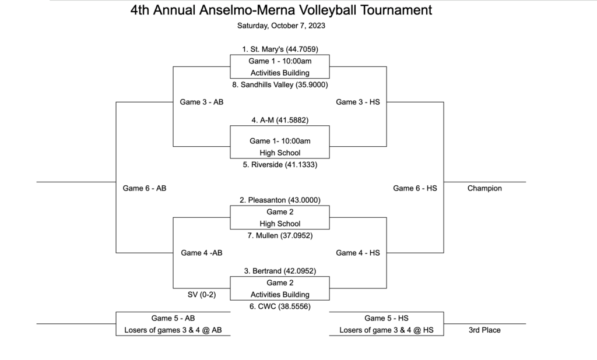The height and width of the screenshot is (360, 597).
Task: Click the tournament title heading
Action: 281,10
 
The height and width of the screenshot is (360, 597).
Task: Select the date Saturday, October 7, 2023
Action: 281,26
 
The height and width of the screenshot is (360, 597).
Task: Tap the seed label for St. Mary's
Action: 280,49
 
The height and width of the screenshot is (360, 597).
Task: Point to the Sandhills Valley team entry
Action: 280,84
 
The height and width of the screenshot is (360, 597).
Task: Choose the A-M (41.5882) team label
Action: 280,120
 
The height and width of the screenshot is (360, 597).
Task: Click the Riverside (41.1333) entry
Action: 280,164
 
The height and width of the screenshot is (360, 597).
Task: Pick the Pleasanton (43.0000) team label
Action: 280,200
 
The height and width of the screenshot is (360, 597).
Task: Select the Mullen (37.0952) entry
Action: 280,235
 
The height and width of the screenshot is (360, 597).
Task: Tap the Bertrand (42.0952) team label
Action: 280,271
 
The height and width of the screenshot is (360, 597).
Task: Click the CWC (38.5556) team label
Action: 280,306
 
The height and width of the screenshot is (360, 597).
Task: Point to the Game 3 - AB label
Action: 201,102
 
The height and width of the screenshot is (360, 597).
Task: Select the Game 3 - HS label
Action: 358,102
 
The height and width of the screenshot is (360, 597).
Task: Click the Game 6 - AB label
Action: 145,188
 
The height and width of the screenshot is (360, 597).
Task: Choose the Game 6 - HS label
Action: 415,188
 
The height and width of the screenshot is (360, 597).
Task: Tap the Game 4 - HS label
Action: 358,253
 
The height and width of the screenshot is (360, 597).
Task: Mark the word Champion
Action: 484,188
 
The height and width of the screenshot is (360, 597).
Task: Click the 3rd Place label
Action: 484,330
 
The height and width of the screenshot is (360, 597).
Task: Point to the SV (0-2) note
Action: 201,295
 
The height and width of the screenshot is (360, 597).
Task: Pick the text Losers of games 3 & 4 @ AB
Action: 173,330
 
